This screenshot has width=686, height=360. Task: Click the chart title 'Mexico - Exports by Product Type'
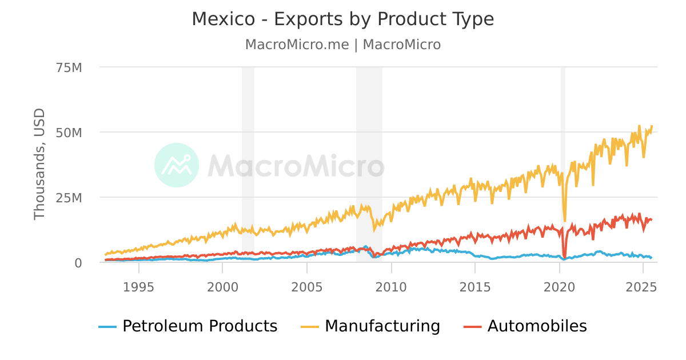pos(342,19)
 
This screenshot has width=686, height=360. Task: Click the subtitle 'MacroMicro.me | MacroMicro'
pos(342,45)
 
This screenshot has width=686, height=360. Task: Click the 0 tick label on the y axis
pos(78,263)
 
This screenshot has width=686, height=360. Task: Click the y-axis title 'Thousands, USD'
pos(39,164)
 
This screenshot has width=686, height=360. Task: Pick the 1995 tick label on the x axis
pos(138,286)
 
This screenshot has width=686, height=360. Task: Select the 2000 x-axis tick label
pos(222,286)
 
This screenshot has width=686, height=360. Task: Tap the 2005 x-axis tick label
pos(306,286)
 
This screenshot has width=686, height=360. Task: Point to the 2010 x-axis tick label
pos(391,286)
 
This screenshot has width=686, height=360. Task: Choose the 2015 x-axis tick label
pos(475,286)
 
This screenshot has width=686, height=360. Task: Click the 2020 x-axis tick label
pos(559,286)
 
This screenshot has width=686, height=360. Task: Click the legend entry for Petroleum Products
pos(188,326)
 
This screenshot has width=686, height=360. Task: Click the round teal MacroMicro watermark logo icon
pos(177,165)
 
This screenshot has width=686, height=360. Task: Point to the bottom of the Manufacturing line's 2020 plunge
pos(565,221)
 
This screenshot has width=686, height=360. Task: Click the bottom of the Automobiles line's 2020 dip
pos(565,257)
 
